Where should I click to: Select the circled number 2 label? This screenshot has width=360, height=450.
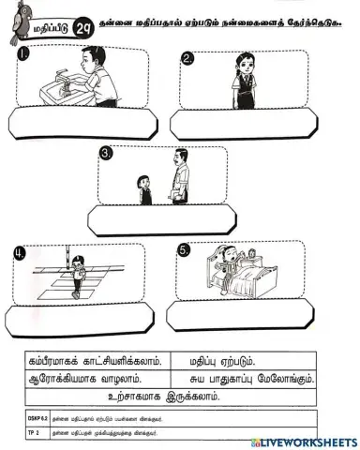pyautogui.click(x=187, y=59)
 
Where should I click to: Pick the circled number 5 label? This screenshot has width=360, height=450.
pyautogui.click(x=184, y=249)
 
